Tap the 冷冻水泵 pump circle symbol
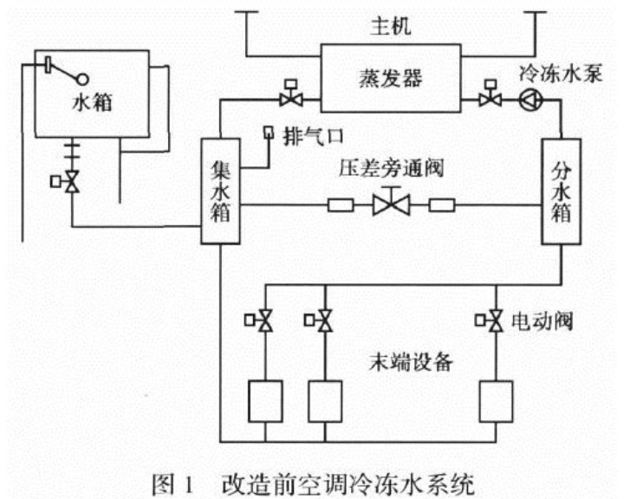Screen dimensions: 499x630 pyautogui.click(x=529, y=100)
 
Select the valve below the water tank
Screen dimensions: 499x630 pyautogui.click(x=73, y=183)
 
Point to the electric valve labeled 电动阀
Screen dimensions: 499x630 pyautogui.click(x=495, y=321)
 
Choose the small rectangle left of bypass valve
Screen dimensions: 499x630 pyautogui.click(x=338, y=206)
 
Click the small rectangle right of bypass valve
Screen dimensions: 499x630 pyautogui.click(x=442, y=206)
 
